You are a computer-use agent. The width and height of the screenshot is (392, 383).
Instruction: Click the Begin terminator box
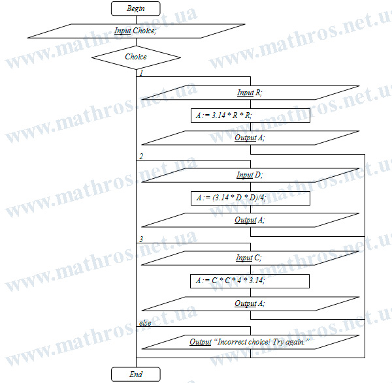pos(136,8)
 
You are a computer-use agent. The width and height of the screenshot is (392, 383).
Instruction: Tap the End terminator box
pos(136,374)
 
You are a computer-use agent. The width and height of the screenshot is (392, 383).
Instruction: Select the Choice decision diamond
pos(136,57)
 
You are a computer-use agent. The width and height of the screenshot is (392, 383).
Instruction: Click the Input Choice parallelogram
pos(136,31)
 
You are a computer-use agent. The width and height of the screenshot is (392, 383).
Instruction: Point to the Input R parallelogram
pos(250,93)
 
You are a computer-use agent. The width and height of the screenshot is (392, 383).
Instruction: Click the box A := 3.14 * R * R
pos(250,115)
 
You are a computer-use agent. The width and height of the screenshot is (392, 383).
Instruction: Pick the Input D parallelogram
pos(250,175)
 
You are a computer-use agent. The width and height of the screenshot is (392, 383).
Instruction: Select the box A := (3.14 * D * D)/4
pos(250,198)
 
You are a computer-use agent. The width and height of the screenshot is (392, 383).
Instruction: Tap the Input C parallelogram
pos(250,258)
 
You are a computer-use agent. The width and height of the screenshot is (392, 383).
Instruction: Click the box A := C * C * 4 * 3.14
pos(250,281)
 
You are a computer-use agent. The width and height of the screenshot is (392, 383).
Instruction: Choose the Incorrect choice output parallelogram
pos(250,342)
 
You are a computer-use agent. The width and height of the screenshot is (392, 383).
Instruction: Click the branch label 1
pos(141,73)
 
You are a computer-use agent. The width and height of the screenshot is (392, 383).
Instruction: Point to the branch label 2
pos(141,157)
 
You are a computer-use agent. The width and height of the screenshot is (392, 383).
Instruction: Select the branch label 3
pos(141,239)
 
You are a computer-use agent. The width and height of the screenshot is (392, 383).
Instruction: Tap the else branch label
pos(145,323)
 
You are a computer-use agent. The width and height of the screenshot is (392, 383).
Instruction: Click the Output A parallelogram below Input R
pos(250,138)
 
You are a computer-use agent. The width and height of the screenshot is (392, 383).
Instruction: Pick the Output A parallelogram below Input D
pos(250,221)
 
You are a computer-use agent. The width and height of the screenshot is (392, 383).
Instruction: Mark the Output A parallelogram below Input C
pos(250,303)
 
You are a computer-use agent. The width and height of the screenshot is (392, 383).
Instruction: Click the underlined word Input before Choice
pos(123,31)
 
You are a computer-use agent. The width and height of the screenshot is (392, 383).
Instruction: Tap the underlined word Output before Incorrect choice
pos(201,342)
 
